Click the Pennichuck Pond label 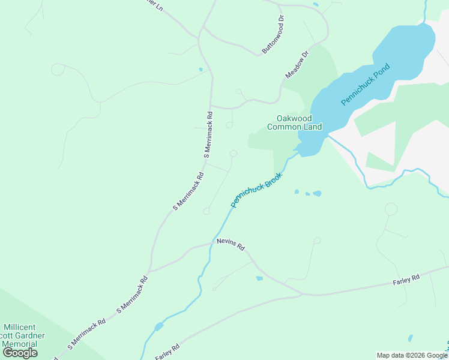point(365,85)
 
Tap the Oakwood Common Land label point(294,122)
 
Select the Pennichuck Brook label point(256,191)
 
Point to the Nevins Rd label point(231,246)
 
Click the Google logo point(20,353)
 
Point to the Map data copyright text point(412,355)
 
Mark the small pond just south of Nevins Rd point(259,278)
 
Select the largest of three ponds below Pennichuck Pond point(317,194)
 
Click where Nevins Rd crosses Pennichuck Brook point(211,245)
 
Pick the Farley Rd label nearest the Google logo point(167,352)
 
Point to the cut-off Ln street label point(155,5)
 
